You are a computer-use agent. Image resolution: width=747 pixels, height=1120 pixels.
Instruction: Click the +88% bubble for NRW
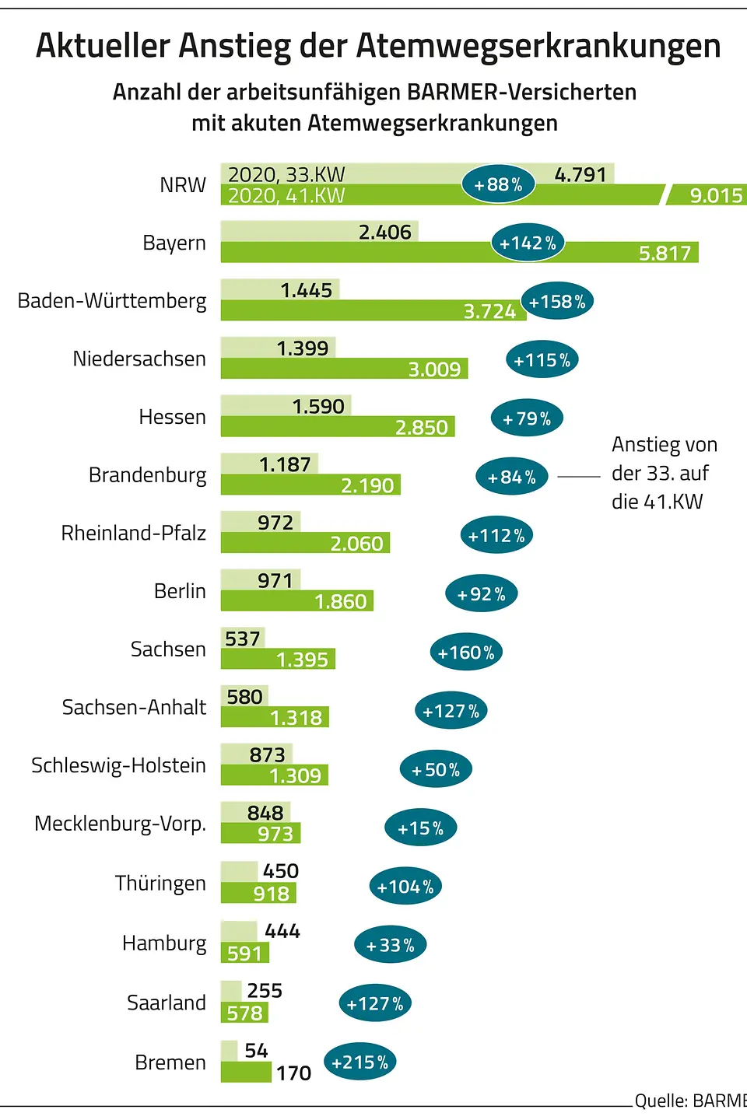498,184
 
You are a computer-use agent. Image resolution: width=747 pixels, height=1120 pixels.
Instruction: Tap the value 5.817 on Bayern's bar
665,253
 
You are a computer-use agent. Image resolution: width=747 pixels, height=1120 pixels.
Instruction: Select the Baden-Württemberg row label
112,301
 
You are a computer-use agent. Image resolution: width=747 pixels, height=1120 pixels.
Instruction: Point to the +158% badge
557,302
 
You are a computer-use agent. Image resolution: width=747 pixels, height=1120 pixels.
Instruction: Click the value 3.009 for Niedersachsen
434,369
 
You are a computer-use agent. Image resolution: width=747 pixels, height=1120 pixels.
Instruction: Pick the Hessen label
172,417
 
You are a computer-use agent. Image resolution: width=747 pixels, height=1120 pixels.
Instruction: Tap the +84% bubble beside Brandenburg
511,477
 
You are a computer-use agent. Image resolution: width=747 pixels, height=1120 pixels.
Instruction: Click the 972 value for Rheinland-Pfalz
275,522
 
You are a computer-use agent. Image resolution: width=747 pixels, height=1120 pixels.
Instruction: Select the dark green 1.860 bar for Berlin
297,601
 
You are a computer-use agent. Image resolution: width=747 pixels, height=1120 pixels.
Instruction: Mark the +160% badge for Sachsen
466,653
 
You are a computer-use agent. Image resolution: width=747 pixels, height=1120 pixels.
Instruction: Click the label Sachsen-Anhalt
134,707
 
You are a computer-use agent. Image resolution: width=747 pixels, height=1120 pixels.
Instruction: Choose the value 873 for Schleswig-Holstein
267,754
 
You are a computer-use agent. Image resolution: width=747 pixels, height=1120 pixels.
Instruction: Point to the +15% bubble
420,828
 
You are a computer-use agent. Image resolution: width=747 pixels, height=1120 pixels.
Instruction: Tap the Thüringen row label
160,884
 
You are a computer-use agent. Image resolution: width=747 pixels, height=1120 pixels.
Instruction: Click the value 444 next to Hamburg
282,931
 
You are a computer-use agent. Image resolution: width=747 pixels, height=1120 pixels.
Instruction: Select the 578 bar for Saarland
244,1013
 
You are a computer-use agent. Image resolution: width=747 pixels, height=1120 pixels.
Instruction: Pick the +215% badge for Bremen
359,1062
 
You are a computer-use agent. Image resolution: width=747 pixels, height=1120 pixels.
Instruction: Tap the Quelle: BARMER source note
689,1101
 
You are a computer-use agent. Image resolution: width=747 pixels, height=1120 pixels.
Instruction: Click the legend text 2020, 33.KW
286,174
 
